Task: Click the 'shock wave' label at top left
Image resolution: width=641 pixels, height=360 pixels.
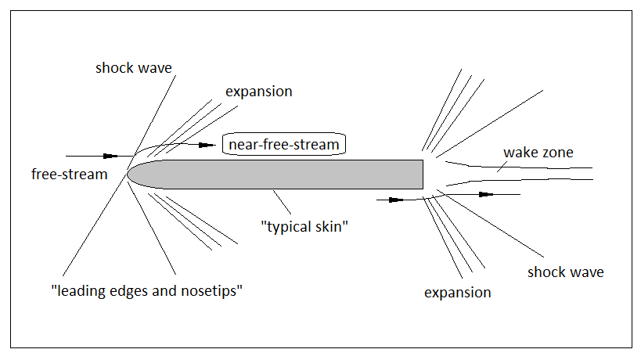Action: [x=133, y=68]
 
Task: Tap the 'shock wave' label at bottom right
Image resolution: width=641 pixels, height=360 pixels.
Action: [x=565, y=272]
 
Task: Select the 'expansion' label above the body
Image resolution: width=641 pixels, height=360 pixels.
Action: [x=258, y=92]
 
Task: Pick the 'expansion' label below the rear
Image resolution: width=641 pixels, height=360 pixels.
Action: [x=457, y=293]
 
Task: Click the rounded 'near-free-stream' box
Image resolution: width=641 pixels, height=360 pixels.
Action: [x=284, y=145]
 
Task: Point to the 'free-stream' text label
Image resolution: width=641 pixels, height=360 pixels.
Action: [x=69, y=175]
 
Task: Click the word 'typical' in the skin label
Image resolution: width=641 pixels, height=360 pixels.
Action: [x=289, y=227]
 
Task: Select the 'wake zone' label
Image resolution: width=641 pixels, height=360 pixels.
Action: [x=538, y=153]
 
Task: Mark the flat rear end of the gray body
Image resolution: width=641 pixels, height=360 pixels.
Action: [x=423, y=174]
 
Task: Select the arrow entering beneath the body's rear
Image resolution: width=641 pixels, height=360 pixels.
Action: [x=396, y=200]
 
